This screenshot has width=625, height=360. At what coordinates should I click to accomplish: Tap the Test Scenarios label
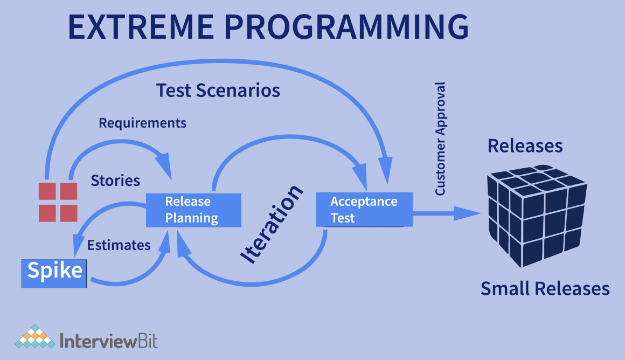tap(218, 90)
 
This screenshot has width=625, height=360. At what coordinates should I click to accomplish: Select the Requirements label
tap(142, 123)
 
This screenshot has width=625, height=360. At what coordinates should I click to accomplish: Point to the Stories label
tap(115, 180)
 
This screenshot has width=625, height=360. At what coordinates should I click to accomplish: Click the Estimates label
tap(119, 245)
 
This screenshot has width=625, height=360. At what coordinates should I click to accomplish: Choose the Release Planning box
tap(192, 210)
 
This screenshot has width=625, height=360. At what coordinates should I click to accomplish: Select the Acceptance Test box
tap(364, 210)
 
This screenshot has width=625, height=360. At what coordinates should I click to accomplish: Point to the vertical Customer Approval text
tap(440, 139)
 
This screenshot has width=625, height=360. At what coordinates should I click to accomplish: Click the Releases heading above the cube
tap(525, 146)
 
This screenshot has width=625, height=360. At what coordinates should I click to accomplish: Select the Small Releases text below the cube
tap(545, 289)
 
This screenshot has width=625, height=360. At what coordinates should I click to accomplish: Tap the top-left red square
tap(46, 191)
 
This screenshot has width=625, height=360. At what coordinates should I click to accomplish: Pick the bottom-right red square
tap(68, 213)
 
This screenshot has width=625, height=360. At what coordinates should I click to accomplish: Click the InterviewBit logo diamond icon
tap(35, 337)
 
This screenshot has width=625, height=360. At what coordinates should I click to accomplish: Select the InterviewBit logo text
tap(109, 341)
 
